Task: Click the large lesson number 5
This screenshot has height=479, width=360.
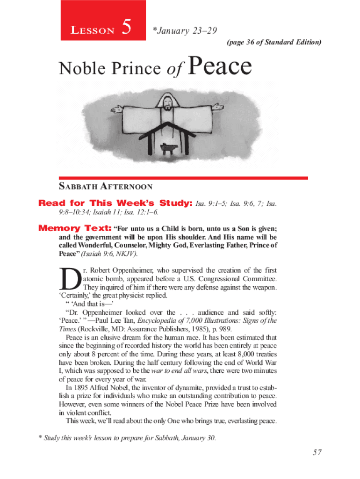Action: [125, 29]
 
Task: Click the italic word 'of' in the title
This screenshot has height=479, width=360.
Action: [175, 69]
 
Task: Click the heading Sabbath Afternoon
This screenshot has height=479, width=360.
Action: [105, 187]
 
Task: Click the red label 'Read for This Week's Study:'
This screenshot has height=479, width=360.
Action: [115, 203]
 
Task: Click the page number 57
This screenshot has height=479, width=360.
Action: [317, 452]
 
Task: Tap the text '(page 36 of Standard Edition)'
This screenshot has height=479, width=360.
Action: [274, 42]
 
